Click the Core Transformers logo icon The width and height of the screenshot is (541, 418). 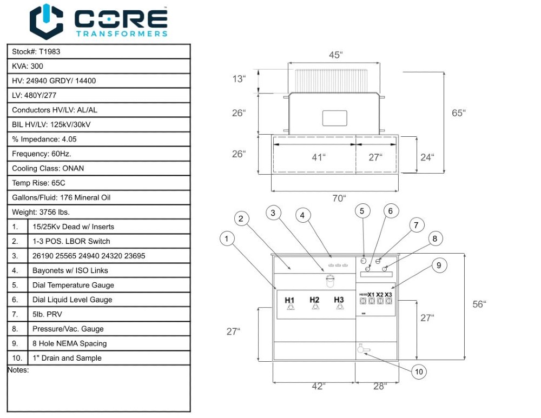(x=47, y=21)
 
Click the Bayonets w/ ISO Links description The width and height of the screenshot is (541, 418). (x=70, y=270)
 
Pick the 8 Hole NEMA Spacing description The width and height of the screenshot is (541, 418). (x=69, y=343)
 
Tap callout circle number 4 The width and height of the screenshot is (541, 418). (x=303, y=215)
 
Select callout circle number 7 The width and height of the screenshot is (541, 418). (x=415, y=225)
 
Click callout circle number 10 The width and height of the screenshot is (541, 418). (x=419, y=371)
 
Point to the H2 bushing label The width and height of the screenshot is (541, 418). (x=314, y=300)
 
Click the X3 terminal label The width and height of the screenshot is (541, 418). (x=388, y=295)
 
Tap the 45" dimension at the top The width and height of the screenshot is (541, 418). (x=335, y=55)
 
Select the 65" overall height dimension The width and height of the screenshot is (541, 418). (x=459, y=112)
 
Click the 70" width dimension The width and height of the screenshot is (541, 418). (x=338, y=198)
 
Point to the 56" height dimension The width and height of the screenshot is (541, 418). (x=479, y=304)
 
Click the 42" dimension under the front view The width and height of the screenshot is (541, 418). (x=318, y=386)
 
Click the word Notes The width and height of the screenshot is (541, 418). (x=18, y=370)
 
